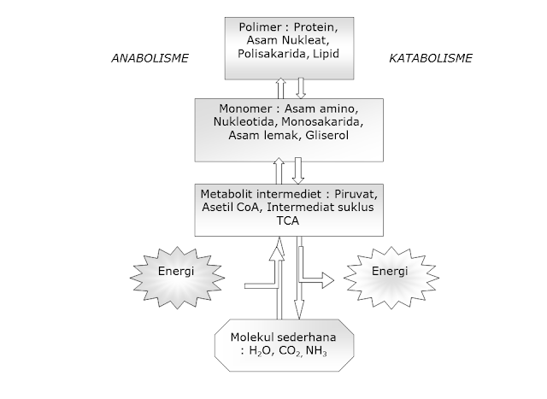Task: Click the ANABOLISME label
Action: pos(151,59)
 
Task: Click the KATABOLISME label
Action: pos(432,59)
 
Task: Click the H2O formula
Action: pos(262,352)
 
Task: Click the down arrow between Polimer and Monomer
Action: pos(300,86)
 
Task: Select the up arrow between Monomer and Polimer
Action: pos(279,86)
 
